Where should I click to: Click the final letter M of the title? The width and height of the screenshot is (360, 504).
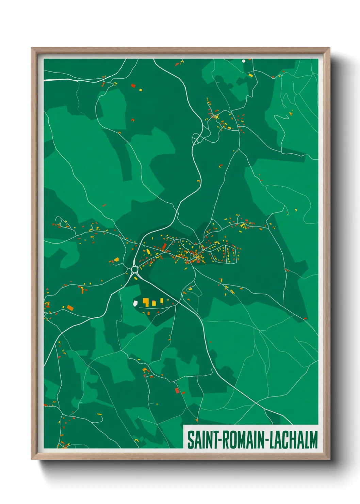[x=313, y=440]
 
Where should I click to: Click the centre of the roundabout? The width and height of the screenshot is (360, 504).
[x=134, y=269]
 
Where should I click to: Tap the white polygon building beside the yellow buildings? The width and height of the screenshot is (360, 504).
[x=135, y=303]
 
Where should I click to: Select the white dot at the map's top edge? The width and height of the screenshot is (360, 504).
[x=243, y=61]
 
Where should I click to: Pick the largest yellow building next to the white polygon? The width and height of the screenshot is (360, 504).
[x=146, y=302]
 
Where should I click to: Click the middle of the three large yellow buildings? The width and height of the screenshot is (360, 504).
[x=154, y=303]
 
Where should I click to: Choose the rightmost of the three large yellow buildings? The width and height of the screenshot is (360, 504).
[x=162, y=300]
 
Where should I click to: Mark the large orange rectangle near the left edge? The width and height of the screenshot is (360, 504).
[x=70, y=308]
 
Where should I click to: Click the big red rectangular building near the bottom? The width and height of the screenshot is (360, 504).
[x=177, y=390]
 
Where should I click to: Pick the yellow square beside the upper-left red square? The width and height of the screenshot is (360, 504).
[x=140, y=90]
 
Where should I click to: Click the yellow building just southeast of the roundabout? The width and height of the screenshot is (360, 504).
[x=136, y=278]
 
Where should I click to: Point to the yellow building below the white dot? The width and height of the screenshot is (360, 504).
[x=251, y=75]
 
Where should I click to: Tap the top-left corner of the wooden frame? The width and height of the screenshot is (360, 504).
[x=32, y=48]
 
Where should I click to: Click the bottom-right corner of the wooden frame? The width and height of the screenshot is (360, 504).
[x=330, y=459]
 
